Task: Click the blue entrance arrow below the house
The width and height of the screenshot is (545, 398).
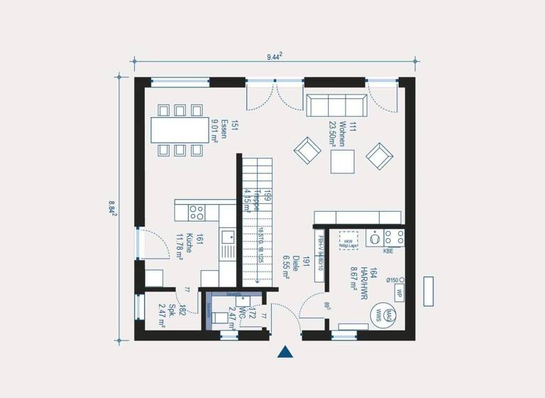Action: (285, 352)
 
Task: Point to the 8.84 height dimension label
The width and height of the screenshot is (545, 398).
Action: (113, 207)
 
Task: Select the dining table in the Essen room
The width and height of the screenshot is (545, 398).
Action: (179, 130)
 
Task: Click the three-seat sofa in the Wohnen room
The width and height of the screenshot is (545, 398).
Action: (336, 104)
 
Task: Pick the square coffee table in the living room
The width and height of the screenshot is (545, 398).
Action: (342, 163)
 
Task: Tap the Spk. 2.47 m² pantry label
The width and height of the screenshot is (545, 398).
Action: (176, 313)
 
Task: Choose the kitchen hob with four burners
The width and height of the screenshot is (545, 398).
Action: (196, 211)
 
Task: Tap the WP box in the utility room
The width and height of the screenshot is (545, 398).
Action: (400, 293)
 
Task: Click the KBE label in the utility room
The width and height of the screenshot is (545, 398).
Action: (388, 251)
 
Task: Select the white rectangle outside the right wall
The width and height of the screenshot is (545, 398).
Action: (429, 291)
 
